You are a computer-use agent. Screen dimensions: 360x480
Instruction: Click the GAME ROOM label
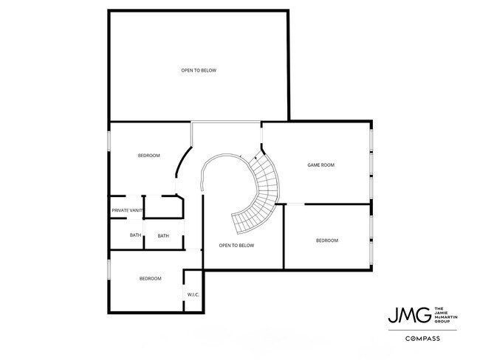pyautogui.click(x=320, y=165)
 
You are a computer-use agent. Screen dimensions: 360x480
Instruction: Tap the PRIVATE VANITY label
pyautogui.click(x=127, y=211)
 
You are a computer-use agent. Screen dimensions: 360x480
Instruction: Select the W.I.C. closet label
pyautogui.click(x=193, y=294)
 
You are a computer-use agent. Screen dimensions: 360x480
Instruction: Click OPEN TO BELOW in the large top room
pyautogui.click(x=199, y=71)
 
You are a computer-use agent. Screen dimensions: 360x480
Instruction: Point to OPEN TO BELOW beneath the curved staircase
pyautogui.click(x=236, y=245)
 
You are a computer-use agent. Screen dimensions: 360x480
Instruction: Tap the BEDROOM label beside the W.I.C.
pyautogui.click(x=150, y=278)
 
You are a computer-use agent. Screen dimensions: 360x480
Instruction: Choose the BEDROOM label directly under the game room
pyautogui.click(x=326, y=240)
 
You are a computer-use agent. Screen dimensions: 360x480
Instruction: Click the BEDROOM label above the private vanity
pyautogui.click(x=148, y=156)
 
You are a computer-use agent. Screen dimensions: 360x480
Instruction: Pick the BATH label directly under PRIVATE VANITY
pyautogui.click(x=135, y=235)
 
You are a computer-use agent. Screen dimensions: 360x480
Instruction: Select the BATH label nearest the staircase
pyautogui.click(x=163, y=235)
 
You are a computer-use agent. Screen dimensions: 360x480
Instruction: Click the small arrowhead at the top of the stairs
pyautogui.click(x=255, y=157)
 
